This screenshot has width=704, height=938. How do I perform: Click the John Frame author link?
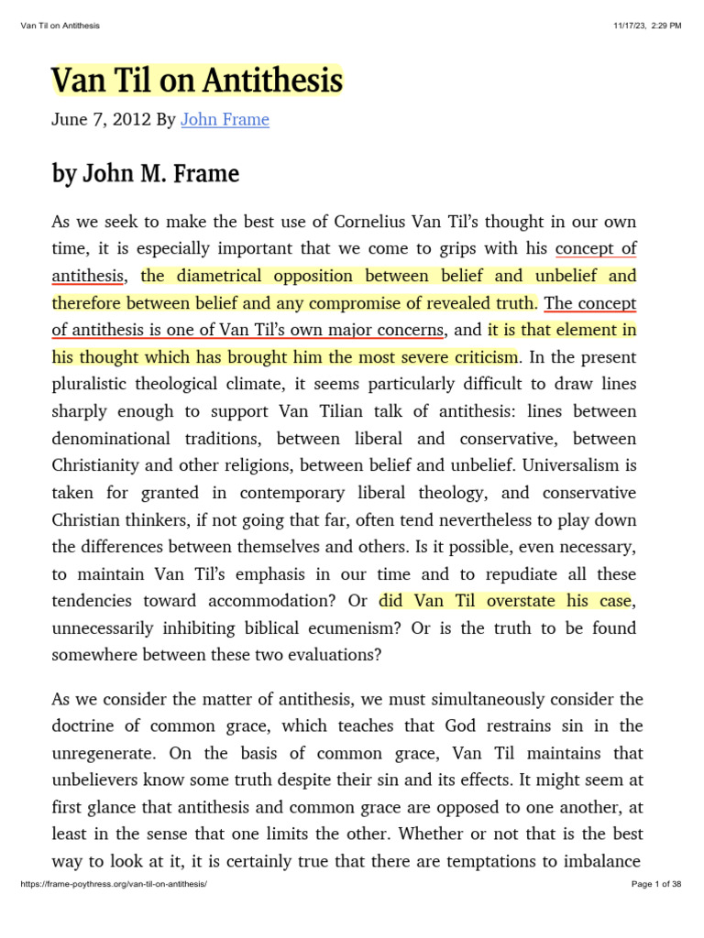point(225,119)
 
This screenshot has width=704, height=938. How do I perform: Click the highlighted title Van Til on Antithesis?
point(197,82)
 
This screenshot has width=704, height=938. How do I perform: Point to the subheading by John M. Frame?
point(146,173)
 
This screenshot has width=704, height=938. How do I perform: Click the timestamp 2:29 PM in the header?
point(665,26)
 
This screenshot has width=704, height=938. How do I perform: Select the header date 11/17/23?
point(632,26)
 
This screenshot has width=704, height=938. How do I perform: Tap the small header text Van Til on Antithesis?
point(60,26)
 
